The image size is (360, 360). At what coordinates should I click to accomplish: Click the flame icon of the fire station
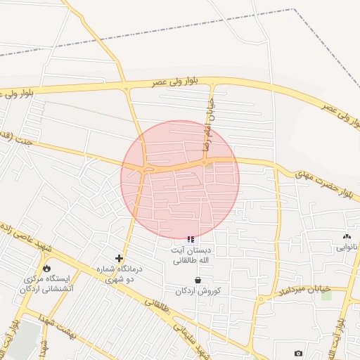click(46, 268)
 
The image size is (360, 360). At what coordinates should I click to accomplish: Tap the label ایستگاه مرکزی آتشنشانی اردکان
click(47, 283)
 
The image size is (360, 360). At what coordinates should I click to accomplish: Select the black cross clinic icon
click(118, 259)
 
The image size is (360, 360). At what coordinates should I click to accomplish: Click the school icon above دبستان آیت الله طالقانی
click(191, 240)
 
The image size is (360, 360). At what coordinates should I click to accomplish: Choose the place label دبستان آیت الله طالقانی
click(192, 255)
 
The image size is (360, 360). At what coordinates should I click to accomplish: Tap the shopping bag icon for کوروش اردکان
click(198, 280)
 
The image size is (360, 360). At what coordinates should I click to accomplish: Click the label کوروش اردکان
click(198, 291)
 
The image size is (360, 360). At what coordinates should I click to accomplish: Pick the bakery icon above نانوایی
click(346, 237)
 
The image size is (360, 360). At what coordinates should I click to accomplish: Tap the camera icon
click(299, 352)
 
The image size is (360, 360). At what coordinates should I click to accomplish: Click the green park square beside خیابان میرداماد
click(326, 294)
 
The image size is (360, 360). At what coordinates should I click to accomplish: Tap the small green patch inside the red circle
click(210, 165)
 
